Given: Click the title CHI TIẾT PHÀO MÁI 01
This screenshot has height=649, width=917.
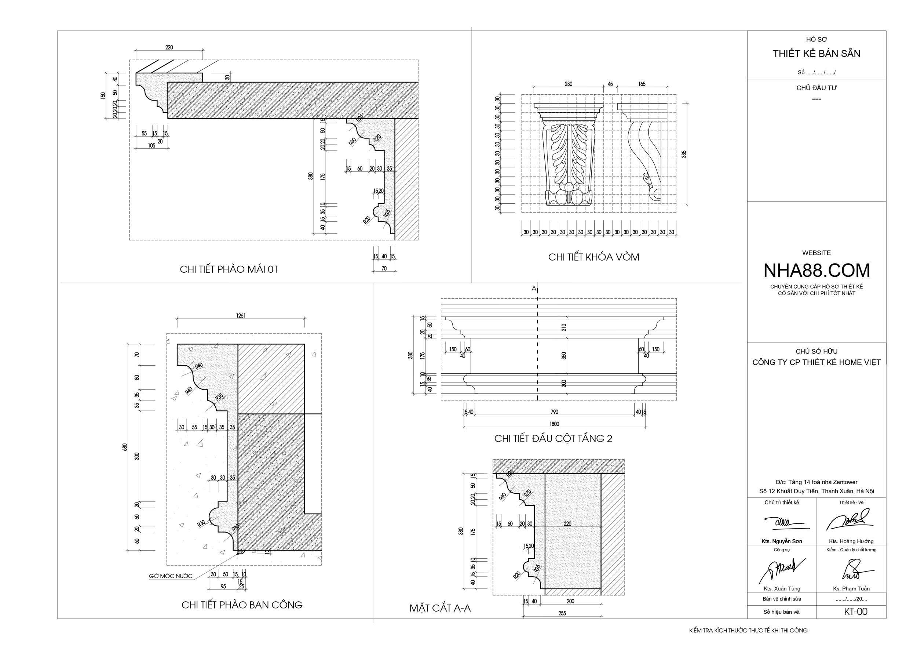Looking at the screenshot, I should (x=229, y=269).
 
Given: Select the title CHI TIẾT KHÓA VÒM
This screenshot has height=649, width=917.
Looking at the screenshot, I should (x=593, y=257).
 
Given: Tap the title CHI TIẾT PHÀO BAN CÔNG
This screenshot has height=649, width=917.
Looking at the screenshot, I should (x=242, y=605).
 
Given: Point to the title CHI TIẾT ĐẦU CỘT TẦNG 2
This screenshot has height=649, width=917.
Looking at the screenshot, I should (x=553, y=438).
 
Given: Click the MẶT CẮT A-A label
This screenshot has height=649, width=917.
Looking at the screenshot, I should (x=440, y=608).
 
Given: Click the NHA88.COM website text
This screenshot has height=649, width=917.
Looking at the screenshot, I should (x=816, y=271).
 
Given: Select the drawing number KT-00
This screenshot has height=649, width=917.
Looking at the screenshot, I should (x=855, y=612).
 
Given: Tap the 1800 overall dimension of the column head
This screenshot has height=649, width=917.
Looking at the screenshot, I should (x=554, y=424).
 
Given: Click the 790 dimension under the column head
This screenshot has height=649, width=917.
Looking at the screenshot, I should (x=554, y=411).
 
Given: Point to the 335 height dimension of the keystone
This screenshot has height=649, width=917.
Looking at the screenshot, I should (x=684, y=154).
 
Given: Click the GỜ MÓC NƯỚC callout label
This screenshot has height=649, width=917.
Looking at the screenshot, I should (x=171, y=576).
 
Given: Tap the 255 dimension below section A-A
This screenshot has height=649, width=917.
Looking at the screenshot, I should (x=562, y=613).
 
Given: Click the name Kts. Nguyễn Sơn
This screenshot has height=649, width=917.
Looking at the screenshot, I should (x=782, y=541).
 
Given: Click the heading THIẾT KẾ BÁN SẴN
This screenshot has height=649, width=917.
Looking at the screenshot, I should (x=816, y=54).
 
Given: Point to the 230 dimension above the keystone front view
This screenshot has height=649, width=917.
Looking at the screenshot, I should (x=568, y=84).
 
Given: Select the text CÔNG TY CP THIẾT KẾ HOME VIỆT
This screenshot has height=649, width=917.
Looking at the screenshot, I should (x=816, y=362).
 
